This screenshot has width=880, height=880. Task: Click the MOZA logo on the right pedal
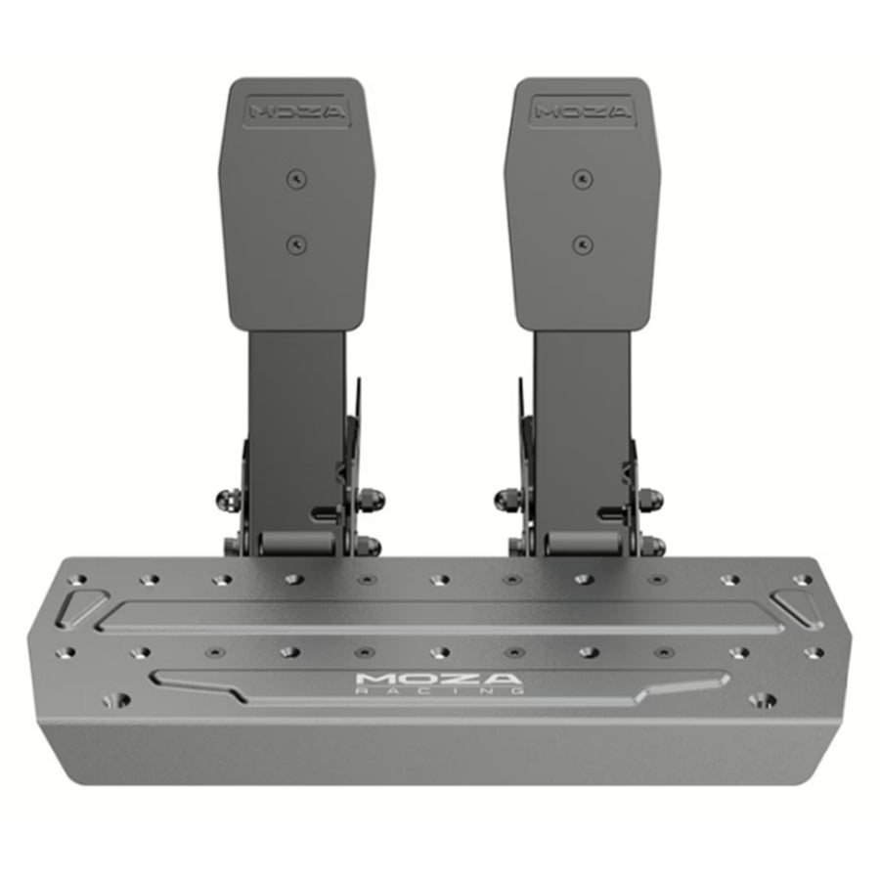[582, 111]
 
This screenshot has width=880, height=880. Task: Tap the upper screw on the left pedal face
[297, 180]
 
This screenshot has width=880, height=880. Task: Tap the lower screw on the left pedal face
[297, 245]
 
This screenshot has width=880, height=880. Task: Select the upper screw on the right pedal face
[583, 179]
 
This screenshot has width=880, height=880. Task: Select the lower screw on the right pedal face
[583, 244]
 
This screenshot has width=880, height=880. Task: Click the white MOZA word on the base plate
[439, 679]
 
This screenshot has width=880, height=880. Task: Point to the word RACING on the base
[439, 690]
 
